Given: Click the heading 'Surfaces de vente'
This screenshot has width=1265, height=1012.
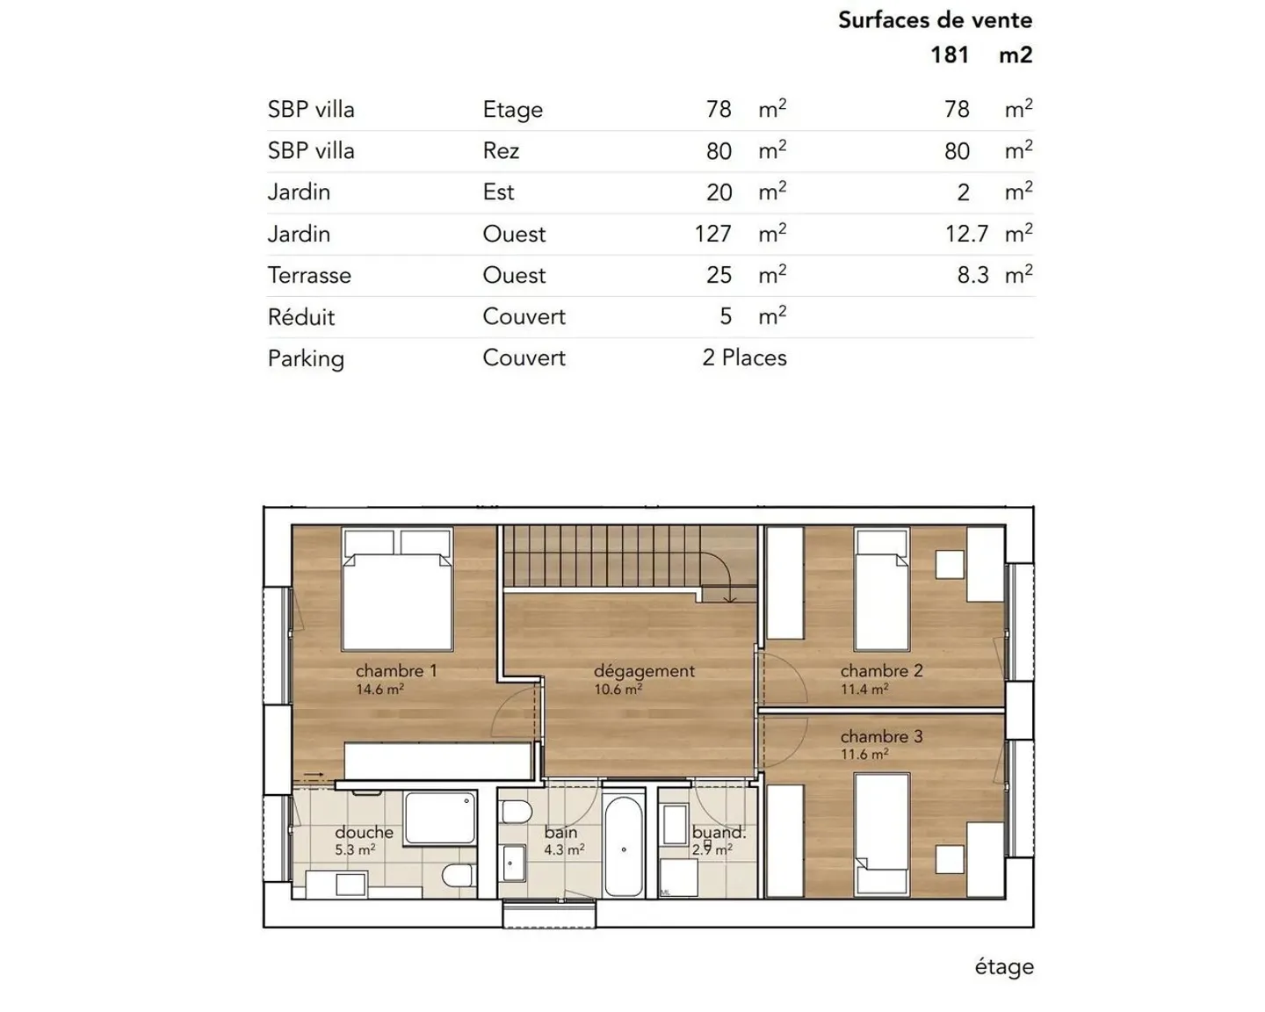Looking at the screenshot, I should point(935,20).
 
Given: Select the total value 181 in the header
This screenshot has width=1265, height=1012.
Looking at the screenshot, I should point(950,55).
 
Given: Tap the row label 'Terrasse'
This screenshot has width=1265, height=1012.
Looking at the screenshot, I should point(309,276).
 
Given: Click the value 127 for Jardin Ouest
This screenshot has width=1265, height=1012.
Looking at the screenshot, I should point(712,234).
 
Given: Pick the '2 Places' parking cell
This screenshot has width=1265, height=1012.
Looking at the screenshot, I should point(744,358).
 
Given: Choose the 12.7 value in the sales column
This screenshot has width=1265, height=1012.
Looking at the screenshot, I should point(966,234).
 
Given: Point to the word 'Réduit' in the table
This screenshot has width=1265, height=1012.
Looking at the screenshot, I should point(301,317).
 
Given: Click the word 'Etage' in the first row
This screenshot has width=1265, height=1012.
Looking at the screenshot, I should point(513,110).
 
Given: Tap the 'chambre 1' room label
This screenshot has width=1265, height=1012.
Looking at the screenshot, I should point(396,670).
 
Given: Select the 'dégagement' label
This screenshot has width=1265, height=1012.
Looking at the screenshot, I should point(644,670).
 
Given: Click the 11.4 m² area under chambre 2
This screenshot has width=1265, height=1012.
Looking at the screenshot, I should point(864,690).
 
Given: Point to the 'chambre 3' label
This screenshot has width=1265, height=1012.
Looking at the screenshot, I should point(881,736).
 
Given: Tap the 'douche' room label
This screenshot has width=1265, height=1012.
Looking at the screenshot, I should point(364,832).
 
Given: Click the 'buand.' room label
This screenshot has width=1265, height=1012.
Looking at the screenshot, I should point(718,832).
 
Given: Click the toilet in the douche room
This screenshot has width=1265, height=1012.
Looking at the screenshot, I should point(456,875).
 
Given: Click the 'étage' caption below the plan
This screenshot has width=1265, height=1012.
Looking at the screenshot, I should point(1004,967).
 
